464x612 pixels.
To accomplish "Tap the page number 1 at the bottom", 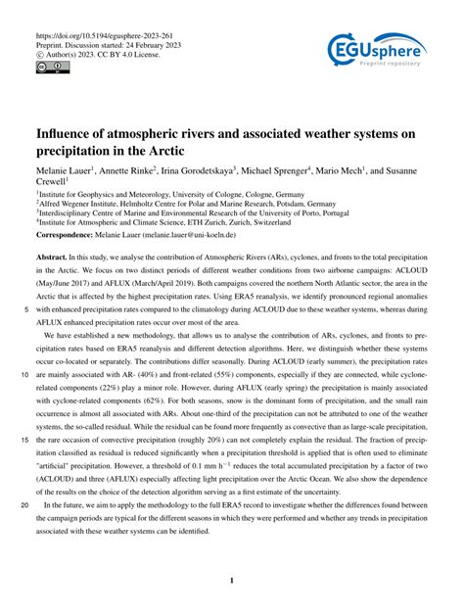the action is [x=231, y=581].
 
